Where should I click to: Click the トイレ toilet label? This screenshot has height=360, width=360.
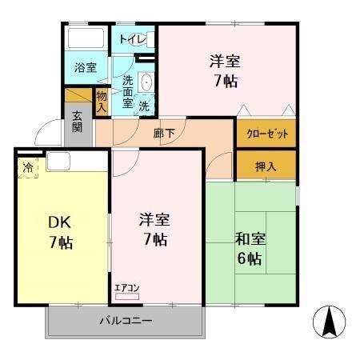click(132, 39)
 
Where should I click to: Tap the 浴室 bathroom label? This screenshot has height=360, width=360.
click(86, 68)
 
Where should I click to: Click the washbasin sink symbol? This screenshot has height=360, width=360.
click(146, 82)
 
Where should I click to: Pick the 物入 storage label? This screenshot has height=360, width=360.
click(102, 102)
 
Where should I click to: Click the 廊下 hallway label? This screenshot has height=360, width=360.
click(164, 133)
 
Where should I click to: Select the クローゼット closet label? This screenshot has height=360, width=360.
click(266, 133)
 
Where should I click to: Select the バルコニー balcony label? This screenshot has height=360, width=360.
click(126, 321)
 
